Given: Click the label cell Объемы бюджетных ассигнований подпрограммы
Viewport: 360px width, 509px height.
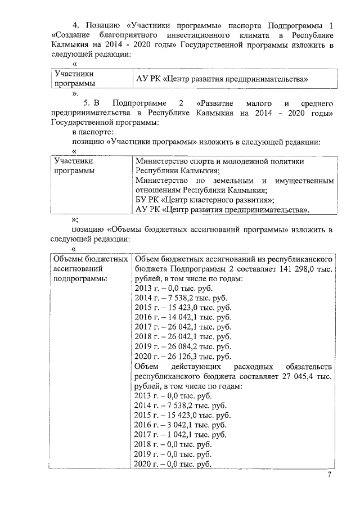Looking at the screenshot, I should click(87, 268).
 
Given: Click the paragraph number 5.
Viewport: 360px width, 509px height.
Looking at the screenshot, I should click(87, 103).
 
